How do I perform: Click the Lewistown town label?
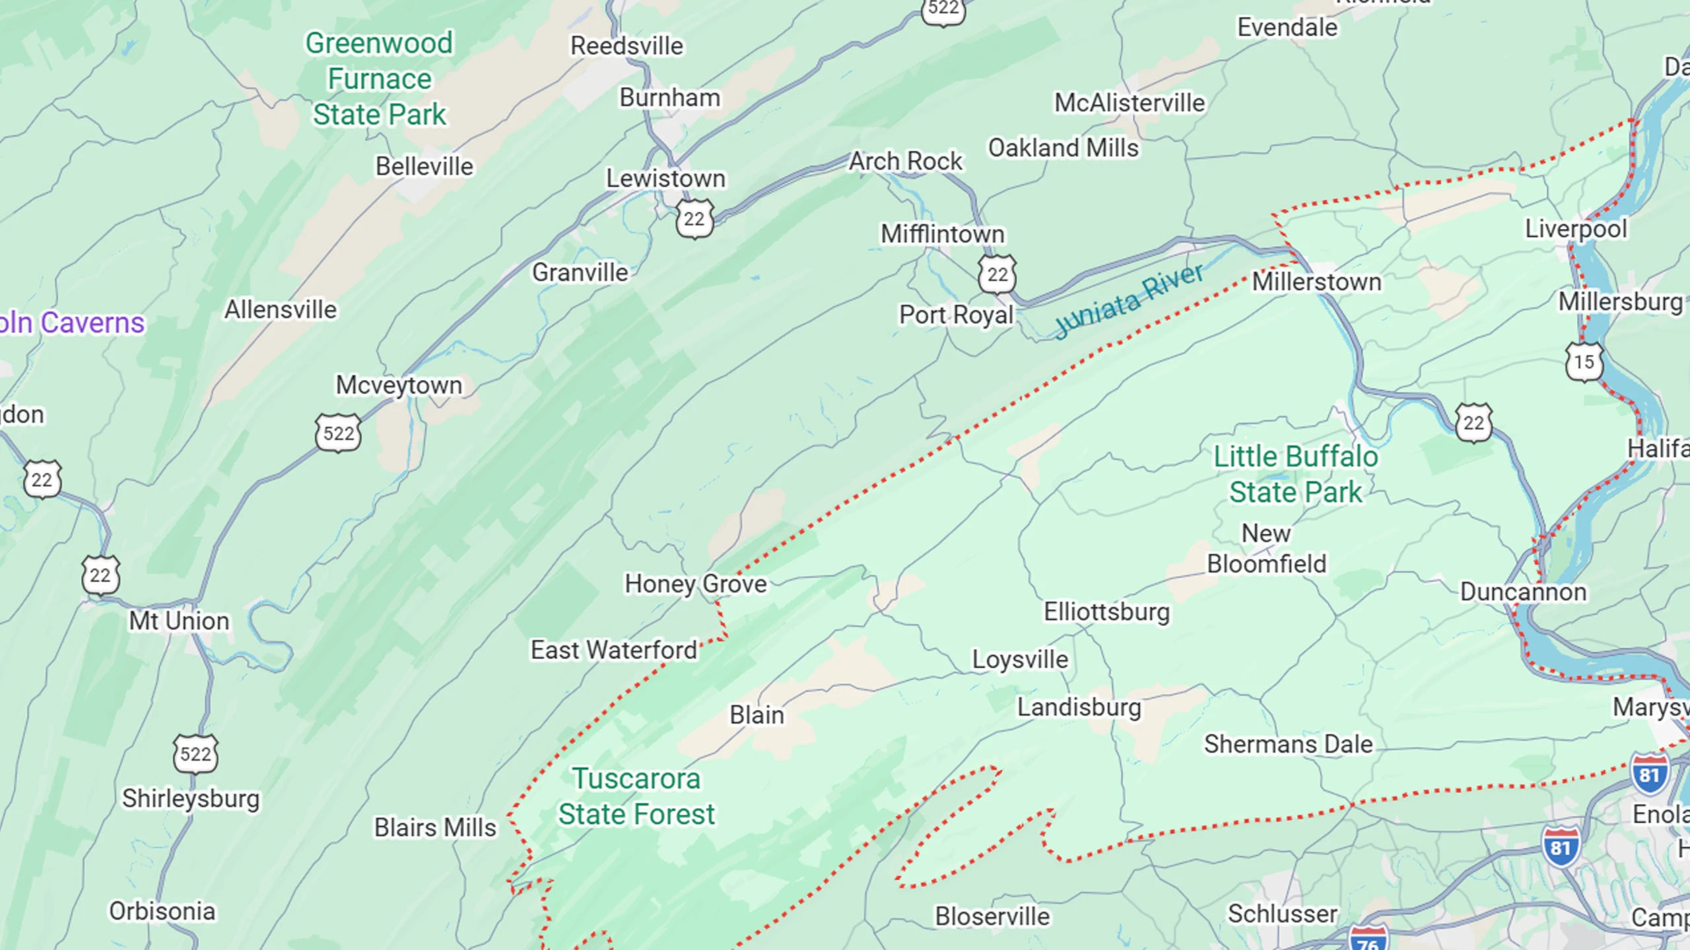[665, 178]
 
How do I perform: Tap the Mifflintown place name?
[942, 234]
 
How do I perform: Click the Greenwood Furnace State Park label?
[379, 79]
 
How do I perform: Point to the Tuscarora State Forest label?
[636, 796]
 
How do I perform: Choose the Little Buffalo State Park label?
[1295, 474]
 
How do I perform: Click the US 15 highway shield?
[1584, 362]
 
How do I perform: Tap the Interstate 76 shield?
[1368, 940]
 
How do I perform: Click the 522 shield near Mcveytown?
[338, 433]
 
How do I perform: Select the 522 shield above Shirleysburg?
[195, 753]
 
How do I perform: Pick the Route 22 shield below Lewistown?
[694, 219]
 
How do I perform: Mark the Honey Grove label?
[696, 584]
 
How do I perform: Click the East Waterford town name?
[614, 650]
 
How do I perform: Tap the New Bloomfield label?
[1266, 548]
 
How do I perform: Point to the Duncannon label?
[1523, 592]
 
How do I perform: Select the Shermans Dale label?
[1288, 744]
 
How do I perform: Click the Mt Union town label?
[179, 621]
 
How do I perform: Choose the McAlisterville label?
[1129, 103]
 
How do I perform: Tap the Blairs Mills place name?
[435, 827]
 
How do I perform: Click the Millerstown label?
[1316, 282]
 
